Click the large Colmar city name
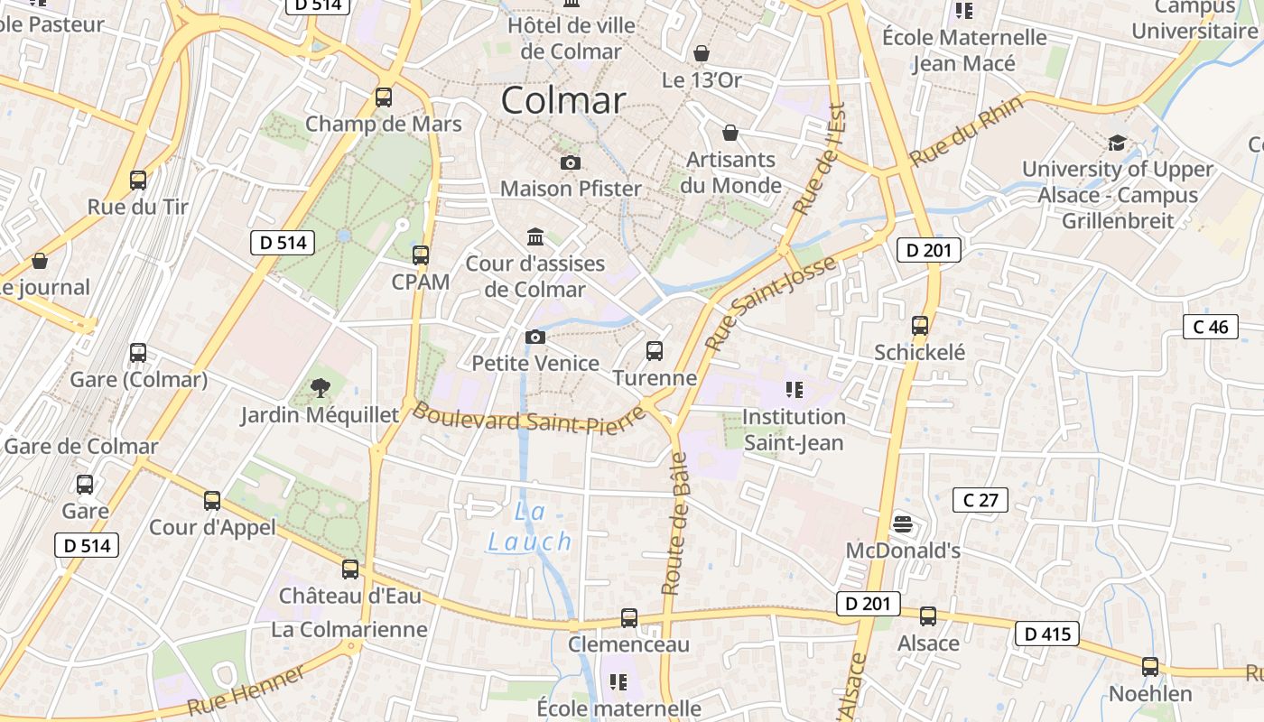[x=562, y=100]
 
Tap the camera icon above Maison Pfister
[x=571, y=162]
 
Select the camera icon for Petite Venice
[x=535, y=338]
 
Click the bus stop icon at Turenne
[x=655, y=350]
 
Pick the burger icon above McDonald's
[x=902, y=524]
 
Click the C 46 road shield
[x=1210, y=327]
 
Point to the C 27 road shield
[x=980, y=500]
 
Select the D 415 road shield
[x=1047, y=634]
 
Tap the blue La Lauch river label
[x=531, y=528]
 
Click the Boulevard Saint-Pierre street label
[x=529, y=421]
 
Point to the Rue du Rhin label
[x=966, y=132]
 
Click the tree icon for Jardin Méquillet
[x=319, y=388]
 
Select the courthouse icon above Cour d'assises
[x=535, y=237]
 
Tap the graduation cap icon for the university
[x=1117, y=143]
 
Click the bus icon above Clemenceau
[x=629, y=618]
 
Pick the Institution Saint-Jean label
[x=794, y=430]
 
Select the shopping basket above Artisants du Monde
[x=730, y=134]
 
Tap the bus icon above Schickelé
[x=919, y=326]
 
